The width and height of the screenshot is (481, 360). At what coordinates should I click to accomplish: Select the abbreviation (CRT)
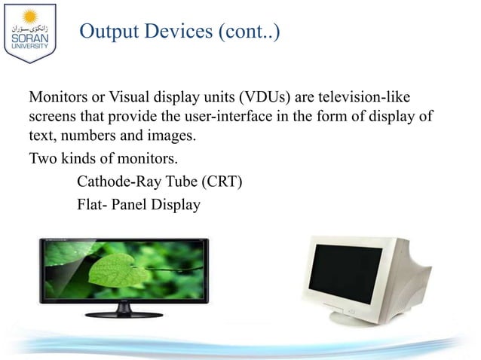pos(218,181)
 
